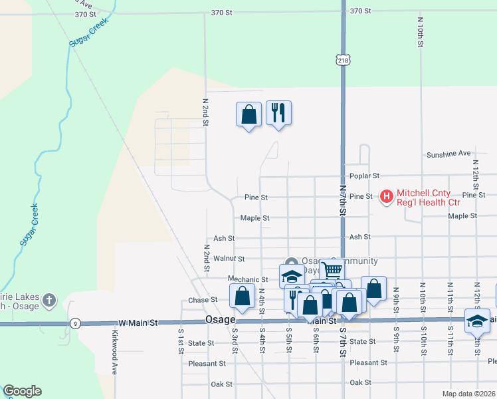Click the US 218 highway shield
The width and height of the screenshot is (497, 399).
(343, 60)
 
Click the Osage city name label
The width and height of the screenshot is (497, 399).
(220, 320)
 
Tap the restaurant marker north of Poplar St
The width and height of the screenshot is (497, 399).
(278, 113)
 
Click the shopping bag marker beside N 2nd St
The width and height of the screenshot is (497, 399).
(248, 114)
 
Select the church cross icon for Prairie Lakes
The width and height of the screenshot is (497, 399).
(49, 301)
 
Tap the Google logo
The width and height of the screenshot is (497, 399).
(22, 391)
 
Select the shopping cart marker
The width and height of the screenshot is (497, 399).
(331, 270)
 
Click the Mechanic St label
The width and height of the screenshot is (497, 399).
(247, 279)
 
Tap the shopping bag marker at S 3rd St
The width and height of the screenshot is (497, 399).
(242, 296)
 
